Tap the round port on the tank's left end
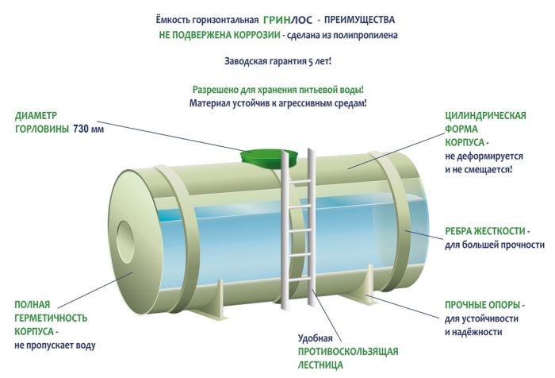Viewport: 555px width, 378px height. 127,237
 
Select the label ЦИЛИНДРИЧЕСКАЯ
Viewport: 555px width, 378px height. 485,116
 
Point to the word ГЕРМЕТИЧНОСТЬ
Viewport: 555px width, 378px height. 50,318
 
